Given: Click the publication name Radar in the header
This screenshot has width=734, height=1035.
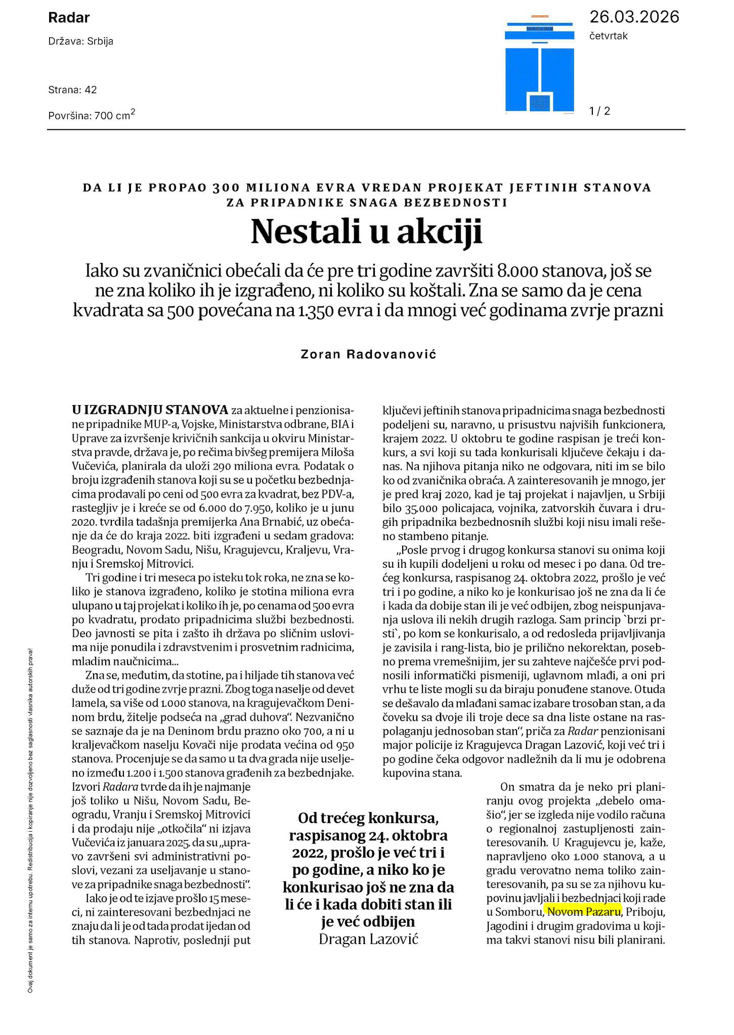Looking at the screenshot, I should [69, 18].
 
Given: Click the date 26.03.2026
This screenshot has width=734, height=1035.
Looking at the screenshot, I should [634, 17].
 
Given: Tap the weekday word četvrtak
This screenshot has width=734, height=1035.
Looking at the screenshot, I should [608, 36].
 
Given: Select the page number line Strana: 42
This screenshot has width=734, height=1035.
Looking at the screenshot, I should [72, 90].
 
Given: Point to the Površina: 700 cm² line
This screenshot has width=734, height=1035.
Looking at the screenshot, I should [92, 115].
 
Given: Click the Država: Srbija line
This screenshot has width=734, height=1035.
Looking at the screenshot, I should [81, 41].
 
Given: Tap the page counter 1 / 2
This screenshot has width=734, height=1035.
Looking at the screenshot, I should [599, 111].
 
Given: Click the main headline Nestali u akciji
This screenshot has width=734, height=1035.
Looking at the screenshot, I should [367, 232].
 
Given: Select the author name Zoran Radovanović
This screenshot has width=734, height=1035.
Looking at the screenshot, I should [368, 354].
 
